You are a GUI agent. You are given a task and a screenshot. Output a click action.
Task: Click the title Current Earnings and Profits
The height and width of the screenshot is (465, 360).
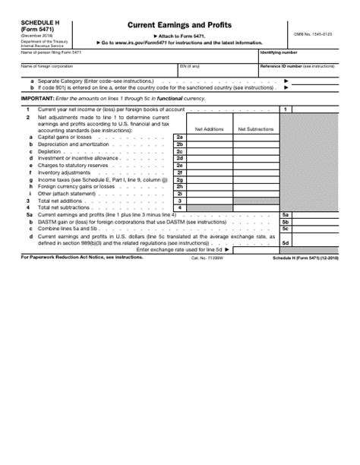180,25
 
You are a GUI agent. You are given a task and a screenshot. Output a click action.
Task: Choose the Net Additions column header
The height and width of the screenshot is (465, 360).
209,129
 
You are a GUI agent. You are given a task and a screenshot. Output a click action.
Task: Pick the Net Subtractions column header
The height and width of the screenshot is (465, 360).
255,129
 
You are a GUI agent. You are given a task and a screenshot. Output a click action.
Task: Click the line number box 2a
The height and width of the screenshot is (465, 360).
180,137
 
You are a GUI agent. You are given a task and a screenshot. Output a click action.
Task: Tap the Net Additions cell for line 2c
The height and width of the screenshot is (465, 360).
209,151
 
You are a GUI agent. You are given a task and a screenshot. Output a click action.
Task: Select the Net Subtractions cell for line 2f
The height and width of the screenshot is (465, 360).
255,172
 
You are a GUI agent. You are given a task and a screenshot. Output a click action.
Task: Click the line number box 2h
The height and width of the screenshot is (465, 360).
180,186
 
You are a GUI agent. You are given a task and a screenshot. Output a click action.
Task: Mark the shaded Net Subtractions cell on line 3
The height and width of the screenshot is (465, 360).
255,201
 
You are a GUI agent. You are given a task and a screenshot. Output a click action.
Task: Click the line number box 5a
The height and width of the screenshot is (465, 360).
285,215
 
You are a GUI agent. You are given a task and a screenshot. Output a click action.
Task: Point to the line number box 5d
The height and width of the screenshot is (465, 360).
285,242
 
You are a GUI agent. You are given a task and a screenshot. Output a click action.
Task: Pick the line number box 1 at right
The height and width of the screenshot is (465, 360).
285,109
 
